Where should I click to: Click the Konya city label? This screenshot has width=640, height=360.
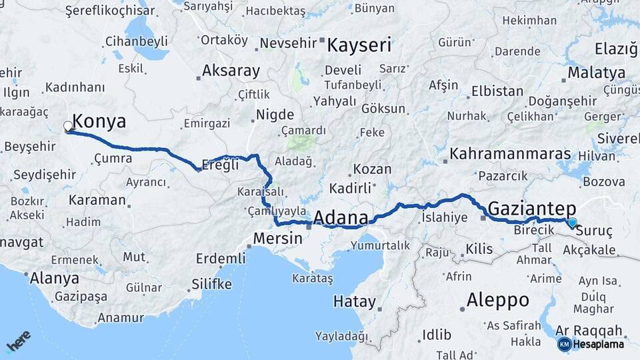click(x=99, y=121)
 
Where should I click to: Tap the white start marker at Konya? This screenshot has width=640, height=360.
click(x=68, y=125)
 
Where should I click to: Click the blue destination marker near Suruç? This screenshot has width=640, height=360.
click(x=571, y=223)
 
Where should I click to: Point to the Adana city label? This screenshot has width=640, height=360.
click(x=340, y=218)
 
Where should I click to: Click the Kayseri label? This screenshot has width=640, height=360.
click(x=359, y=45)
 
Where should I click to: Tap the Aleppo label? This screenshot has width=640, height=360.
click(x=497, y=300)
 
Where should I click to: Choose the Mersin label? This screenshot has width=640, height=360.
click(x=277, y=237)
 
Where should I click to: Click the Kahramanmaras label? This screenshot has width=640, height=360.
click(x=511, y=154)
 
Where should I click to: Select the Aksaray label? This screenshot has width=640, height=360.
click(x=231, y=71)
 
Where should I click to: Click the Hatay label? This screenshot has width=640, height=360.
click(x=355, y=301)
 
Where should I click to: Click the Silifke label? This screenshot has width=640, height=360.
click(x=211, y=285)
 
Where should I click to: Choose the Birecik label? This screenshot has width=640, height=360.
click(x=534, y=230)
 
